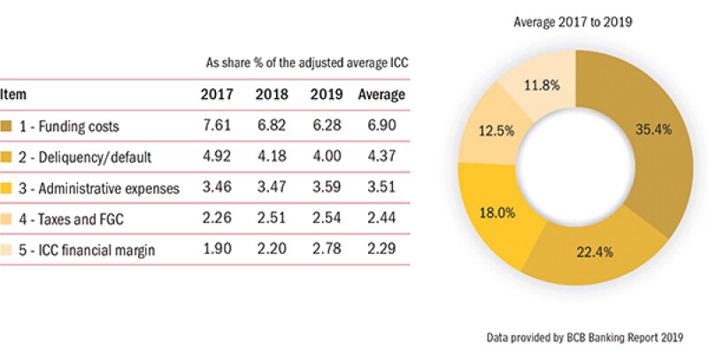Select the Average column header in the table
(x=381, y=95)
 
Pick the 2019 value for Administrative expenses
(x=327, y=188)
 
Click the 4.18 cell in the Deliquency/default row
(x=270, y=157)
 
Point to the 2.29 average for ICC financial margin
(x=381, y=249)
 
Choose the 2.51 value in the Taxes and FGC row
(x=270, y=218)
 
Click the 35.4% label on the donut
(x=652, y=129)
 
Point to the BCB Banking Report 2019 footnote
(x=591, y=338)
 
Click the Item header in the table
(x=12, y=95)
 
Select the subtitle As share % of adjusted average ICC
(x=305, y=64)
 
